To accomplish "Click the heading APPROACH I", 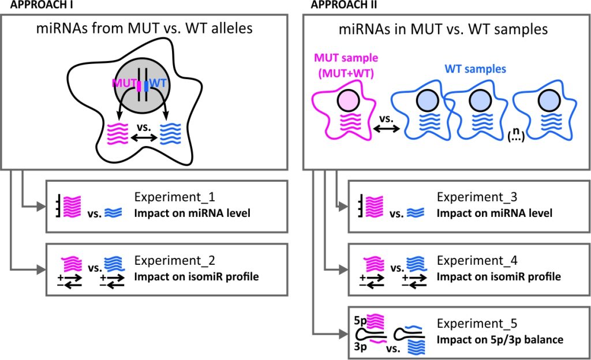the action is (42, 5).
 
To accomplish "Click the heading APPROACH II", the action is (344, 5).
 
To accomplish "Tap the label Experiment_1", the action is (174, 197).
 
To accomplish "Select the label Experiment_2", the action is (174, 261).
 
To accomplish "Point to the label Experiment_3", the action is (477, 197).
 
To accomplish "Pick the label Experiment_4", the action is (477, 261).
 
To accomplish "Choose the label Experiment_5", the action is (477, 324).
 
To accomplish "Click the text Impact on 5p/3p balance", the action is (500, 340).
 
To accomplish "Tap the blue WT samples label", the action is (476, 69).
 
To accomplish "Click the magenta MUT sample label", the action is (346, 65).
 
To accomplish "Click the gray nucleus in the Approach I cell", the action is (142, 86).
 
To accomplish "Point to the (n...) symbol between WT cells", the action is (516, 134).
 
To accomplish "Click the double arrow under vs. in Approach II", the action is (386, 129).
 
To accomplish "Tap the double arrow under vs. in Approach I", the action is (144, 138).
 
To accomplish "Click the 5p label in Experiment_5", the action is (360, 320).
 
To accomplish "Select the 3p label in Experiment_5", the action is (360, 346).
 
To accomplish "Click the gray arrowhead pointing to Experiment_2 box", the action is (41, 269).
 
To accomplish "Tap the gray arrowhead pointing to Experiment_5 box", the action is (343, 333).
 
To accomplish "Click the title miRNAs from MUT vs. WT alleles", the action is (144, 29).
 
